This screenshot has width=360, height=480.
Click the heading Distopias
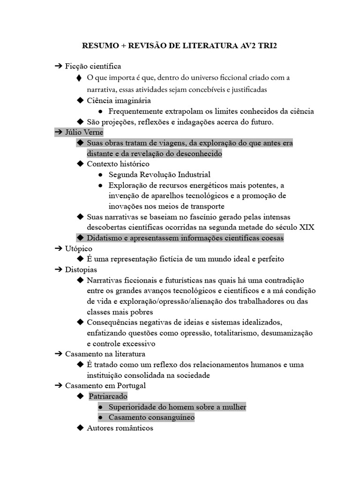[81, 270]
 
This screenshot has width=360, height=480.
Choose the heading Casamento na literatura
[105, 354]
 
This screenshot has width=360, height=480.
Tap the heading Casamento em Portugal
[105, 385]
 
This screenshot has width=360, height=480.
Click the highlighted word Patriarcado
[108, 396]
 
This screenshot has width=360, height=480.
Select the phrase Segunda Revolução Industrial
[159, 174]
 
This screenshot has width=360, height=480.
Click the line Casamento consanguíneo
[151, 417]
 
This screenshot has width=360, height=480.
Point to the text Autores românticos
[120, 428]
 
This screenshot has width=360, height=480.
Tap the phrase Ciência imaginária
[119, 100]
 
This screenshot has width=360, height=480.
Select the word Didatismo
[105, 238]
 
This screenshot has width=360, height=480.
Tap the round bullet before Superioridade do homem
[101, 407]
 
